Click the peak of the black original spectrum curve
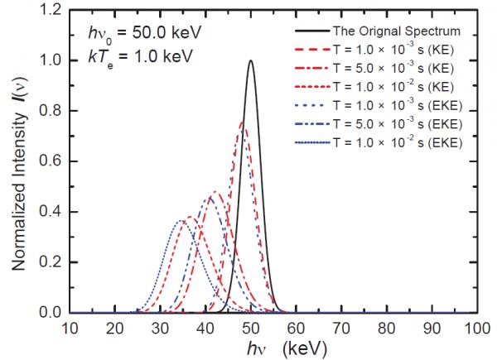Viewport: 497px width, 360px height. coord(250,60)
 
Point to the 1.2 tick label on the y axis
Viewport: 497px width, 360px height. coord(50,10)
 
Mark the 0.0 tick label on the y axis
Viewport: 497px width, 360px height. coord(50,313)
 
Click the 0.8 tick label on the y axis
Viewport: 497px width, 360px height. coord(50,111)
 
